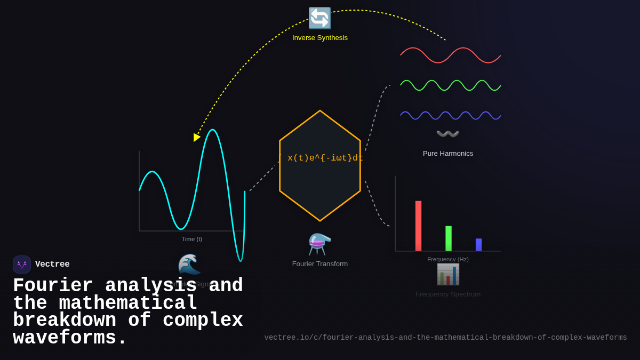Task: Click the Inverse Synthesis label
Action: (320, 38)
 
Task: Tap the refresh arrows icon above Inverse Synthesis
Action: (320, 18)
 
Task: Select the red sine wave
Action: (451, 55)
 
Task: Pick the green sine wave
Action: (451, 85)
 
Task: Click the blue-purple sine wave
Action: (451, 115)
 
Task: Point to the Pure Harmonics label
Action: (448, 154)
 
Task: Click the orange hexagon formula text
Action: (320, 158)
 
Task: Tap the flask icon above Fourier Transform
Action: (320, 244)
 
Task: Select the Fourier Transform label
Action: (320, 263)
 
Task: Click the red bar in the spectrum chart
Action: (419, 226)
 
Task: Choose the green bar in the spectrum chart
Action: (449, 238)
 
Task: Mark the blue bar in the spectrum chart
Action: (478, 245)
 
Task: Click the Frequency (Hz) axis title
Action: (448, 259)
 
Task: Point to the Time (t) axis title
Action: (192, 239)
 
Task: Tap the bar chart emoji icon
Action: (448, 274)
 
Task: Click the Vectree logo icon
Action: (22, 265)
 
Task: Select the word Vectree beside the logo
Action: (52, 265)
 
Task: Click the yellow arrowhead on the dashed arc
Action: (197, 137)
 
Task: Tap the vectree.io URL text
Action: (445, 338)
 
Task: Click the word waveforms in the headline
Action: (69, 338)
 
